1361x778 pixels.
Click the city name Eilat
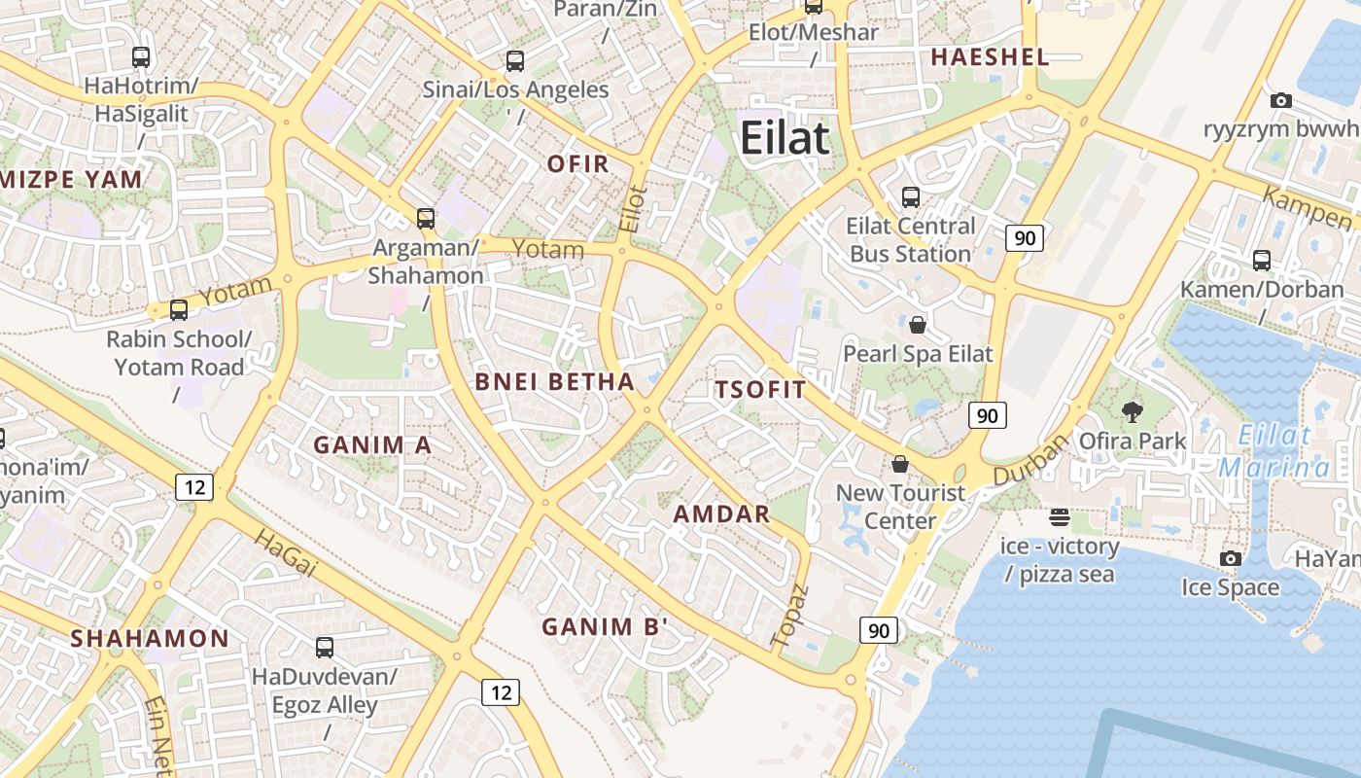[x=785, y=138]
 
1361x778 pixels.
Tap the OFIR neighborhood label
[x=577, y=163]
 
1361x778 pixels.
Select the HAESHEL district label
[x=990, y=56]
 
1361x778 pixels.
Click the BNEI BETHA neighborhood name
[x=554, y=381]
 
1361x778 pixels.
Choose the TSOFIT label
[x=760, y=390]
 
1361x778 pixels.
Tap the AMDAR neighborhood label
[x=721, y=513]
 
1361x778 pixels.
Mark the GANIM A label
[x=371, y=444]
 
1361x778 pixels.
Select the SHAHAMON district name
[x=150, y=638]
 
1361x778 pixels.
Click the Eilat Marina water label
[x=1275, y=451]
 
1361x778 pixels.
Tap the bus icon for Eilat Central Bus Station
[x=911, y=197]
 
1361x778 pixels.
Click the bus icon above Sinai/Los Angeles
[x=515, y=61]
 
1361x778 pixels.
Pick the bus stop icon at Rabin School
[x=179, y=310]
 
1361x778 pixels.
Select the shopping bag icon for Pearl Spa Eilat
[x=917, y=324]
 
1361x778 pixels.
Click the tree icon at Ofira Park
[x=1132, y=412]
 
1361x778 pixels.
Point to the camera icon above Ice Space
[x=1231, y=558]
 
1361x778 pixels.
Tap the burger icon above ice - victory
[x=1059, y=516]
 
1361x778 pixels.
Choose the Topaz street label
[x=788, y=616]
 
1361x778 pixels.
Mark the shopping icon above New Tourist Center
[x=900, y=464]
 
